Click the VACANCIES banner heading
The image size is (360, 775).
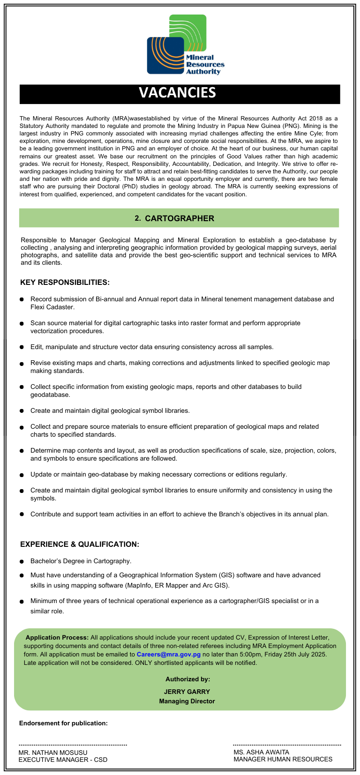click(x=178, y=93)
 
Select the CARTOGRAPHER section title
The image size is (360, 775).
click(x=179, y=218)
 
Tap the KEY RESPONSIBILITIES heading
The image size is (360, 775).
click(x=65, y=283)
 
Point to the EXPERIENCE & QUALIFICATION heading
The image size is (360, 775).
click(x=80, y=544)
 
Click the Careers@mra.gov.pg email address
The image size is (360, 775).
click(x=168, y=654)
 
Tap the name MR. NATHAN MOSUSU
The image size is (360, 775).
click(x=53, y=753)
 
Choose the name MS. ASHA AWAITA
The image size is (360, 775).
click(x=261, y=752)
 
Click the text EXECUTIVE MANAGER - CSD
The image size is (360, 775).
click(x=63, y=760)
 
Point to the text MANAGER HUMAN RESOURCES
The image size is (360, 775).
click(x=283, y=759)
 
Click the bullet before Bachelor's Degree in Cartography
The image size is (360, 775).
click(x=22, y=561)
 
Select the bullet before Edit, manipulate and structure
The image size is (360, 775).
click(x=22, y=347)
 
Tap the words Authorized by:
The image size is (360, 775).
click(x=187, y=679)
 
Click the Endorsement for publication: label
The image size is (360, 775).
click(x=63, y=723)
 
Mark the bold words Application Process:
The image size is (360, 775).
click(x=57, y=638)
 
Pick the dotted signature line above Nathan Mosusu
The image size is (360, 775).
click(x=73, y=745)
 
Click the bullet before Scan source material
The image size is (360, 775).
click(x=22, y=323)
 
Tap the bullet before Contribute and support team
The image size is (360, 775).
click(x=22, y=514)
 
